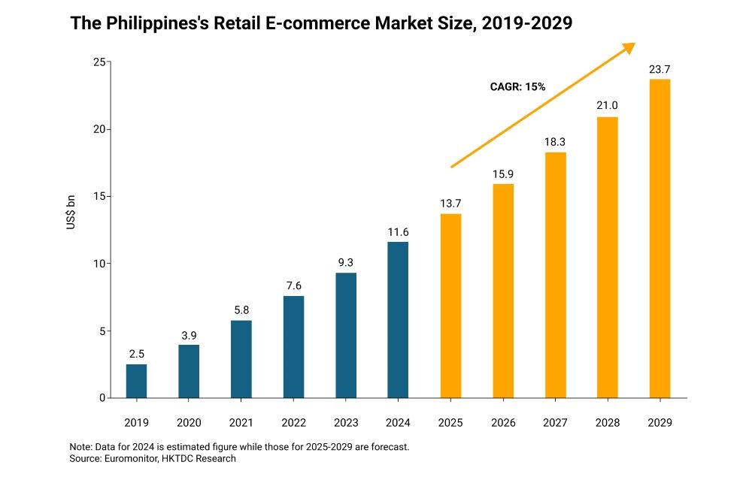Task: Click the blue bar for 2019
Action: click(136, 381)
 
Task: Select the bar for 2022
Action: click(293, 347)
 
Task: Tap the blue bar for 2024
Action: click(398, 320)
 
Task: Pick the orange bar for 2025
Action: click(450, 306)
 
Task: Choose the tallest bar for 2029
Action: click(660, 238)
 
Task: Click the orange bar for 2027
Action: click(555, 275)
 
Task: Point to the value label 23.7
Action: click(660, 70)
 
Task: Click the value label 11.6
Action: click(398, 232)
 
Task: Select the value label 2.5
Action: click(136, 355)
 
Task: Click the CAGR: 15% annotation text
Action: click(517, 87)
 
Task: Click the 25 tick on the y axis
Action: click(98, 62)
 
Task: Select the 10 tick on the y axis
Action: click(98, 264)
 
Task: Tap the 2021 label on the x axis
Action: click(241, 423)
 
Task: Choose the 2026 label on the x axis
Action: click(502, 423)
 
